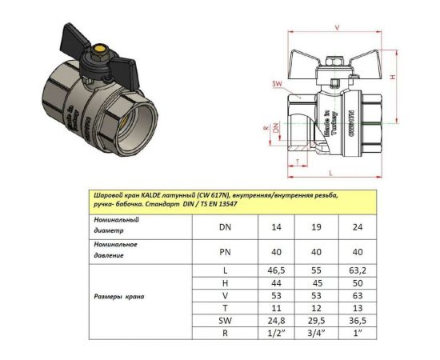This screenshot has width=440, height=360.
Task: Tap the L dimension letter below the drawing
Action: pyautogui.click(x=330, y=171)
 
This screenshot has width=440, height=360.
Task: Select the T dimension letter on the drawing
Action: pyautogui.click(x=297, y=162)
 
